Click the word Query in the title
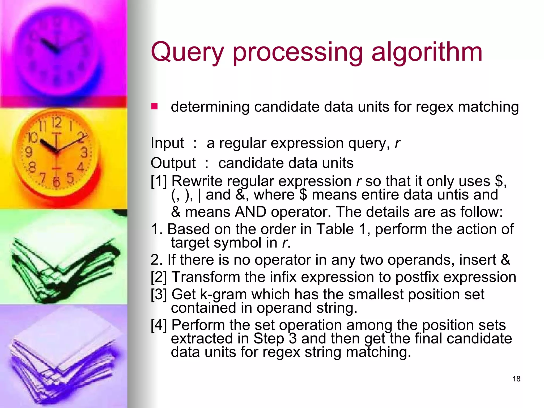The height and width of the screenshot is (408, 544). point(187,53)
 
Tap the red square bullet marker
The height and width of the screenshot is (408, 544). point(154,107)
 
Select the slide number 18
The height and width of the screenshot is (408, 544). point(516,379)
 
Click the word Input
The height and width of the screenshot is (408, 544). point(167,143)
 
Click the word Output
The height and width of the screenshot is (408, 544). point(173,163)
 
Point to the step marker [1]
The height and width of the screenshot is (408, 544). point(159,181)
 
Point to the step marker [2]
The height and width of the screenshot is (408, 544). point(159,277)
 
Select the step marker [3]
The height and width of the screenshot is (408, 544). point(159,295)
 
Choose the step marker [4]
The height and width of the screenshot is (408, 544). point(159,325)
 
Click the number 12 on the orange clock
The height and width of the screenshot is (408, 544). point(56,122)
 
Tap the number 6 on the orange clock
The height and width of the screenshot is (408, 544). point(56,182)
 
